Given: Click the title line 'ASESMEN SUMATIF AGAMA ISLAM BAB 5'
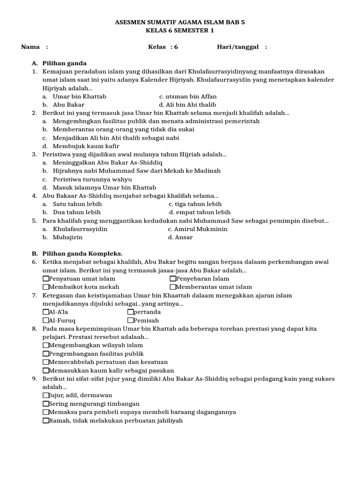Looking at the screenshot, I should tap(180, 22).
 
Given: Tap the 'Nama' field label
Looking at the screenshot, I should tap(30, 47).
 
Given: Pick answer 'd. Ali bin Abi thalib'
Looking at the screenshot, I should tap(187, 105).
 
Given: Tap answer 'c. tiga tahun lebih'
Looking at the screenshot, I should tap(195, 204).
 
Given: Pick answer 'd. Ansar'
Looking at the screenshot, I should tap(180, 237).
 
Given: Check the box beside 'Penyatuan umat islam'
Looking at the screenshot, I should tap(45, 279).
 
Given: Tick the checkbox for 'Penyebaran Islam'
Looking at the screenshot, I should tap(173, 279).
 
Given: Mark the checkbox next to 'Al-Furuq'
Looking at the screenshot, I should tap(45, 320).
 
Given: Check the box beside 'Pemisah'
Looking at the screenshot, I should tap(130, 320).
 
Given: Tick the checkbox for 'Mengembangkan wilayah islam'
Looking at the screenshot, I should tap(45, 345).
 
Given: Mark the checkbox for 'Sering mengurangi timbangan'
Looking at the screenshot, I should tap(45, 404).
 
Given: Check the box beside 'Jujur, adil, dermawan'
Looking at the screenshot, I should tap(45, 395).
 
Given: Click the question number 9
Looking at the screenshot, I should tap(35, 379).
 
